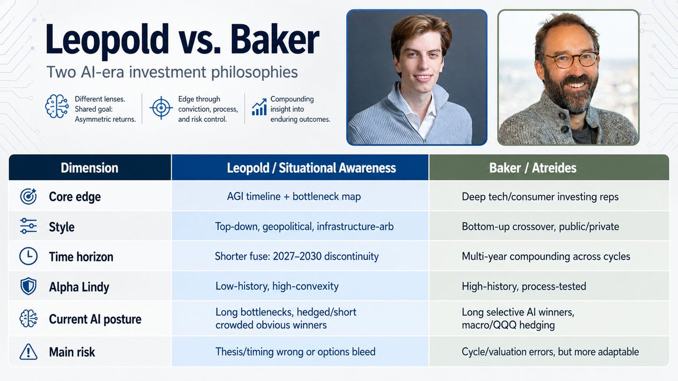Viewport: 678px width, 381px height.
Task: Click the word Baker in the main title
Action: tap(275, 40)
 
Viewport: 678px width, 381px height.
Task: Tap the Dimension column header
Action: tap(90, 168)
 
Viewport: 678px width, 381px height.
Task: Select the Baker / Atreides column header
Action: tap(533, 168)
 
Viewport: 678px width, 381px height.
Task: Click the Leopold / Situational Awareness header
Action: tap(311, 168)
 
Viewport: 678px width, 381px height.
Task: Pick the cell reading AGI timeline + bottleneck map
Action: tap(294, 196)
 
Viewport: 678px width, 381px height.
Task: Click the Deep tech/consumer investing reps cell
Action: tap(540, 197)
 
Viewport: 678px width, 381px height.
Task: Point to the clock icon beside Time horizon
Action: tap(28, 256)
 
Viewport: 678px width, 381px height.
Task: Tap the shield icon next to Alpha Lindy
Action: tap(28, 286)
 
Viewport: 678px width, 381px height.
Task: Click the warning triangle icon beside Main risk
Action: tap(28, 352)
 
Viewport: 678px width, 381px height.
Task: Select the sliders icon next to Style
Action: tap(28, 226)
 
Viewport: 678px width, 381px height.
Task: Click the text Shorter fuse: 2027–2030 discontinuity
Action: tap(297, 256)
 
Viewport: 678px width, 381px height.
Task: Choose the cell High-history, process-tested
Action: tap(524, 286)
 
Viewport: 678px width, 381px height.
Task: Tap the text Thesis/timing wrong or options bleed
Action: tap(295, 352)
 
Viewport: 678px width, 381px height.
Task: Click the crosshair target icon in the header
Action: tap(161, 108)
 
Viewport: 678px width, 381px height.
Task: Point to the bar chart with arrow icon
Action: tap(259, 107)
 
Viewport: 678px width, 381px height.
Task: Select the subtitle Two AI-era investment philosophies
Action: tap(172, 73)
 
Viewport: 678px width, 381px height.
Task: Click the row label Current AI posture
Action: tap(95, 319)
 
